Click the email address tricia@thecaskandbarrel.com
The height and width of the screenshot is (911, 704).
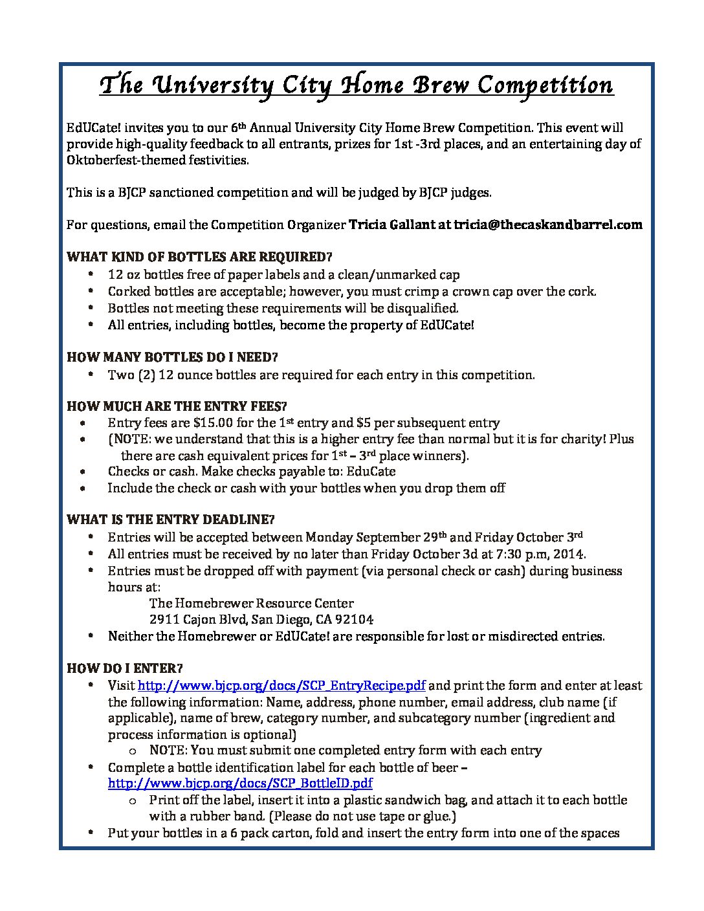548,225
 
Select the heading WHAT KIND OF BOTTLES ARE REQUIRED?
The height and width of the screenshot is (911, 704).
199,257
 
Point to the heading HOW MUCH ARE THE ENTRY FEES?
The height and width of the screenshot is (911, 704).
177,406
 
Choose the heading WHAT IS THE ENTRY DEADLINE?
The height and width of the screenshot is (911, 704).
171,520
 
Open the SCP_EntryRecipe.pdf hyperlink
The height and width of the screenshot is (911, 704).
282,686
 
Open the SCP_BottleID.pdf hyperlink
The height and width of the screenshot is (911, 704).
240,784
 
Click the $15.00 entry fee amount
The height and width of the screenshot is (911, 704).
214,423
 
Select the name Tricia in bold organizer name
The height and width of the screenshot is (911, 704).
368,225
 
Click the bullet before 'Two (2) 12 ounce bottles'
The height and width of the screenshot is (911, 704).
94,375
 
